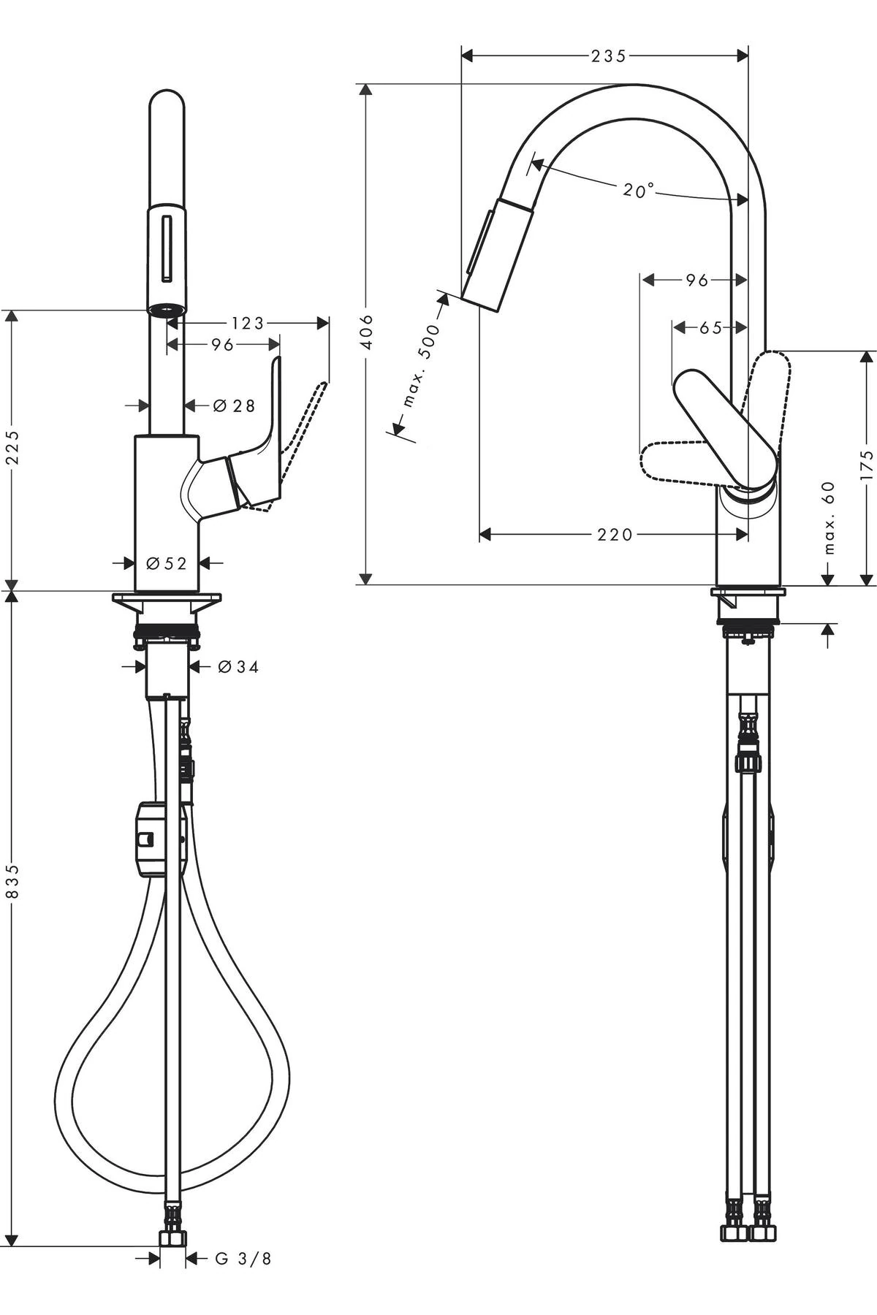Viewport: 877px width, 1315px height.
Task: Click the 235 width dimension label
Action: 609,56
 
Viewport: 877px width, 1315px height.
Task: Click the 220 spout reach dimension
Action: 615,535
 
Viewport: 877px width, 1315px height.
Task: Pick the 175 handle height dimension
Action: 867,465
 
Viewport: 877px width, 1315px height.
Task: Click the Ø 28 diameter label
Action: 234,405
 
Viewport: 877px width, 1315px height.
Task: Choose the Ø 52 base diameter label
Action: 167,563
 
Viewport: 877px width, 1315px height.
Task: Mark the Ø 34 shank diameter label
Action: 238,666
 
